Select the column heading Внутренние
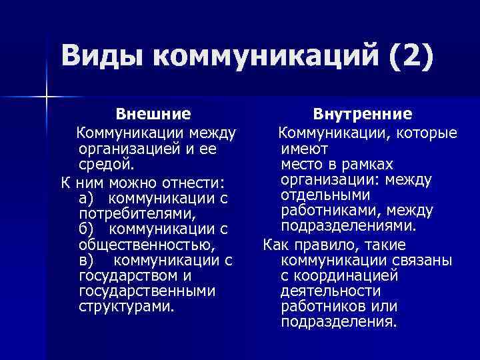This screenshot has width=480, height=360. (x=363, y=114)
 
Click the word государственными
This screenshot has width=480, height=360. (x=147, y=291)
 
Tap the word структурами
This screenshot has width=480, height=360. (x=126, y=307)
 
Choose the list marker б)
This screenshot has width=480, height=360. (x=86, y=229)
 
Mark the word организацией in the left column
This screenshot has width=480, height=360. (x=126, y=149)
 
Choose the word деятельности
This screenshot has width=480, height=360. (x=331, y=291)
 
